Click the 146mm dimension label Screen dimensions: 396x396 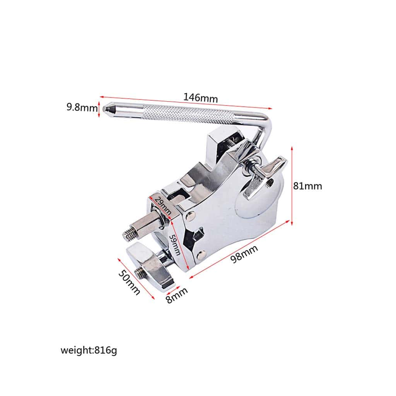click(x=200, y=98)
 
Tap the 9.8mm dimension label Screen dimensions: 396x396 click(x=82, y=108)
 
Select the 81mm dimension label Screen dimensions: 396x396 click(x=307, y=186)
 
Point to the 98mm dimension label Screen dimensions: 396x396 click(x=244, y=254)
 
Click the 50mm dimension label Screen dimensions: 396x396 click(x=129, y=282)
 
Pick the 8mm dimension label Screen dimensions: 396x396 click(x=177, y=295)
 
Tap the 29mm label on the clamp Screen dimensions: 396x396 click(x=163, y=205)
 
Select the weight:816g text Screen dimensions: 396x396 click(x=89, y=350)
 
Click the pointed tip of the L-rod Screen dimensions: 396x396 click(x=104, y=109)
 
